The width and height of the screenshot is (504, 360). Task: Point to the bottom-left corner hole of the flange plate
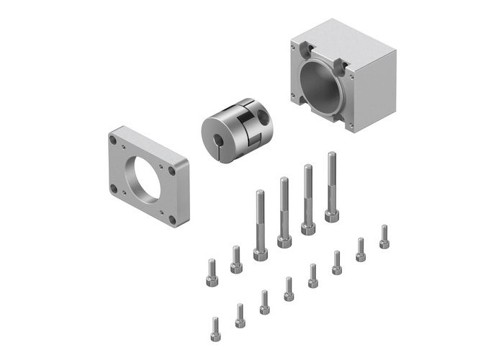point(114,189)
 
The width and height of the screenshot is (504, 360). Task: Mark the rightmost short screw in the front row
point(384,237)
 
